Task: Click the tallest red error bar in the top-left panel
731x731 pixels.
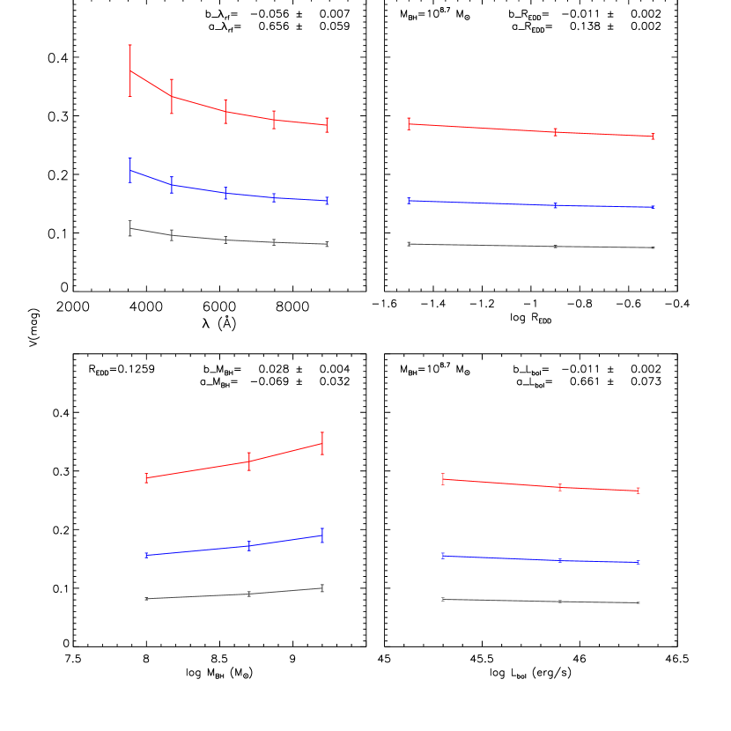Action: [130, 70]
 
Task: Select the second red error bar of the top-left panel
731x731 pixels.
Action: [172, 96]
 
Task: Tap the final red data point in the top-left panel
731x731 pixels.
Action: [327, 125]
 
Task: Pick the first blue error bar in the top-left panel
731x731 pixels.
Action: [130, 170]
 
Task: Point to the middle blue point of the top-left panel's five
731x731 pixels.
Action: [225, 193]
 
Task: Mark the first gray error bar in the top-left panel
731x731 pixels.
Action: [130, 229]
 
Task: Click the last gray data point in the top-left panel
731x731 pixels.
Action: [327, 244]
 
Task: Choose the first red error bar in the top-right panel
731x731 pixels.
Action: [409, 124]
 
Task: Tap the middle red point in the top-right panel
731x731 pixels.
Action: [556, 132]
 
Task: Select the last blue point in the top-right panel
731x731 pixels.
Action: [653, 207]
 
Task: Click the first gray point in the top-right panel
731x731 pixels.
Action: [409, 244]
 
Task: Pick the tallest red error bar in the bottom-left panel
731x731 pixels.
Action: [322, 444]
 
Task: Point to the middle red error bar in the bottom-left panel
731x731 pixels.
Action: [249, 461]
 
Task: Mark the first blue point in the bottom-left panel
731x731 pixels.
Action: [146, 556]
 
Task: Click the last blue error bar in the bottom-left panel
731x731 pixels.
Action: [322, 535]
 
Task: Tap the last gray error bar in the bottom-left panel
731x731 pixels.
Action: [322, 588]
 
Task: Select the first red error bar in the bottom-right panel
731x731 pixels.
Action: [443, 479]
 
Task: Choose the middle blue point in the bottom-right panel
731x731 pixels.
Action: [560, 560]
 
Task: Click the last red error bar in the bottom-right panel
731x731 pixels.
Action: [638, 491]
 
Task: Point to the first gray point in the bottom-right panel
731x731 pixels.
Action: [443, 600]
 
